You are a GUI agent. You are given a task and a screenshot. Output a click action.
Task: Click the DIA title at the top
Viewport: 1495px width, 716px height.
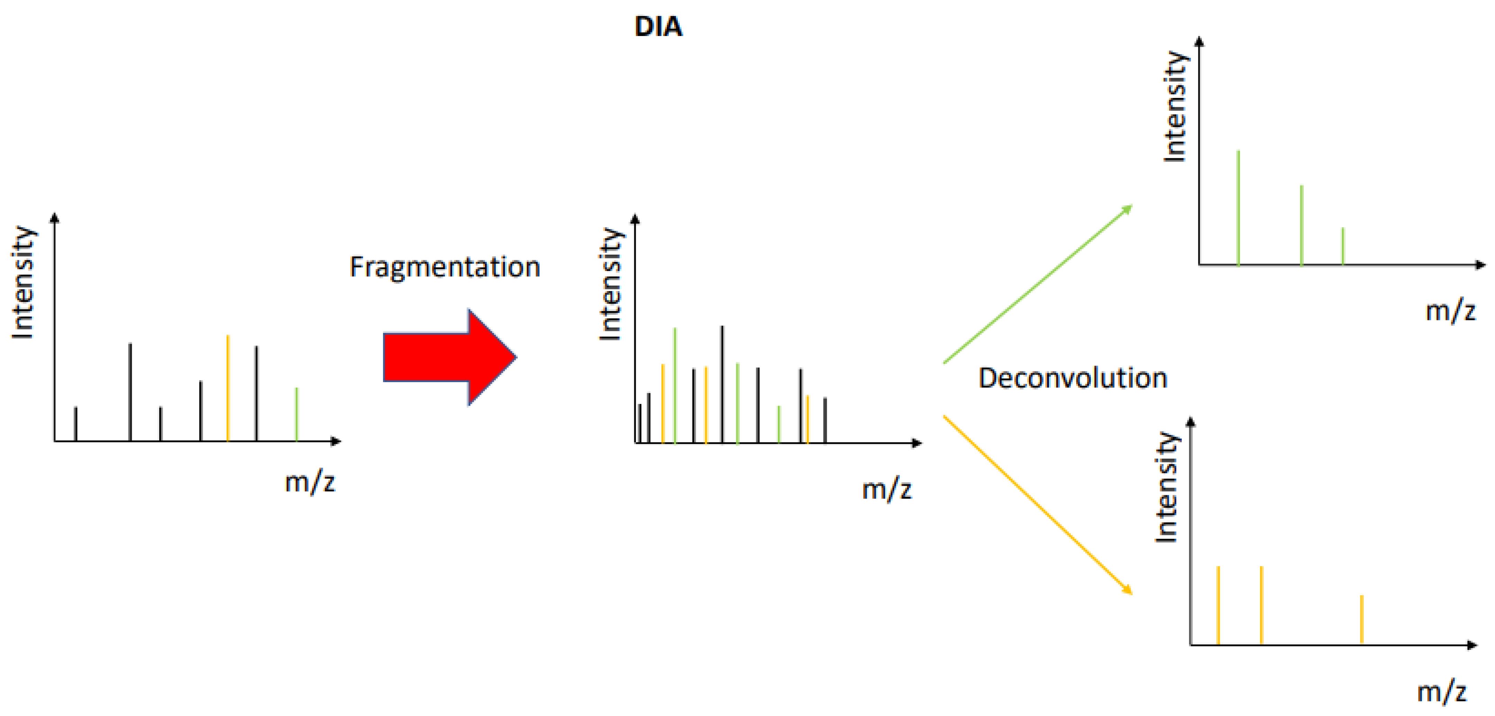[x=658, y=27]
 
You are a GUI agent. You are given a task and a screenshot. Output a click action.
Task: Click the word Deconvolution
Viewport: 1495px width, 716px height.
[x=1072, y=378]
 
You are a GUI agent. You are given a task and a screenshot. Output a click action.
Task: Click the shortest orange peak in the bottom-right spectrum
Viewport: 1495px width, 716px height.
[x=1361, y=620]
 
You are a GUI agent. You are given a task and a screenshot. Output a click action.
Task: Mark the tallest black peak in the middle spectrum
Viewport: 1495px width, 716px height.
[x=722, y=384]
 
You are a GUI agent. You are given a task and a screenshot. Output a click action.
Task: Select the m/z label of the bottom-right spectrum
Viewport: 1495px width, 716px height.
[x=1442, y=692]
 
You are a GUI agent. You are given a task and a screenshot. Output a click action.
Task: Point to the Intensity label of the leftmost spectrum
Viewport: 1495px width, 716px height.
[x=23, y=283]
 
